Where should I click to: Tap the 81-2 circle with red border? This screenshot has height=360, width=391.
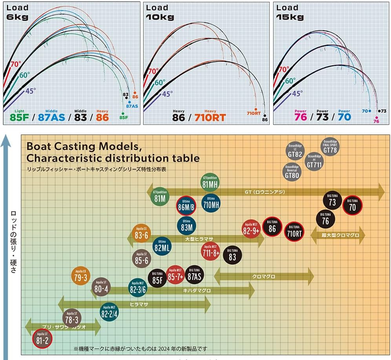42,339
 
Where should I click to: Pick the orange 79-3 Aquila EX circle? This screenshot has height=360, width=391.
81,276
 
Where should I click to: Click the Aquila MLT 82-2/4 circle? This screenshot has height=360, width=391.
110,312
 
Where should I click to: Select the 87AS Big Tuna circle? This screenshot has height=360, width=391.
194,275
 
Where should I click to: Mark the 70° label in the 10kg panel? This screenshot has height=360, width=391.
153,71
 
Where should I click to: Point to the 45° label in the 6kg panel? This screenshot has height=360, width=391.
30,91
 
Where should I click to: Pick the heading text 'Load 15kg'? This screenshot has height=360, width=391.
290,12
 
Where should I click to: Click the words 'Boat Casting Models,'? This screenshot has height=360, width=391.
84,147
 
